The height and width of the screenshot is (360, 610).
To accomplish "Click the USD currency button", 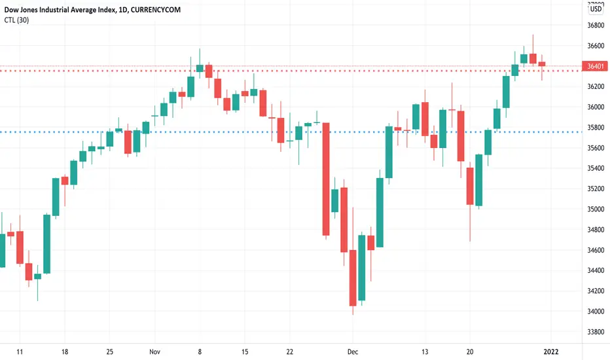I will click(596, 9).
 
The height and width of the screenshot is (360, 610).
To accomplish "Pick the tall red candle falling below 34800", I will click(325, 178).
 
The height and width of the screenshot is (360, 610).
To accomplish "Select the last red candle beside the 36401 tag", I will click(542, 63).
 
